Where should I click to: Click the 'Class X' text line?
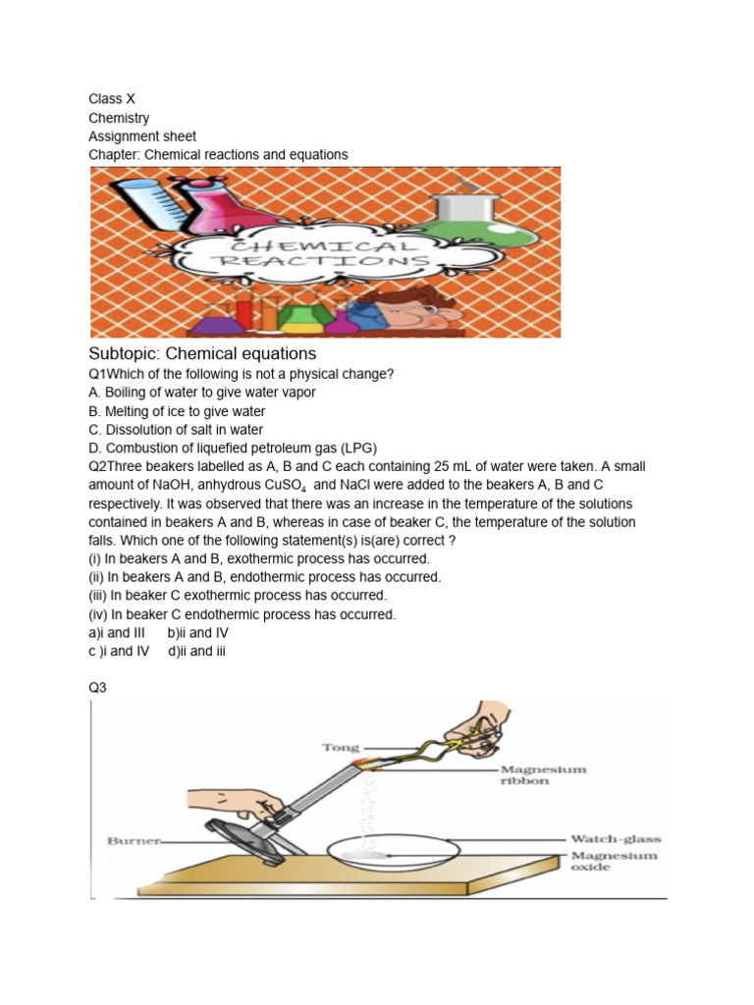pyautogui.click(x=106, y=99)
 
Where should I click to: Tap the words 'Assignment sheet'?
pyautogui.click(x=142, y=136)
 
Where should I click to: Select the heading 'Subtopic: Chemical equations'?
pyautogui.click(x=202, y=353)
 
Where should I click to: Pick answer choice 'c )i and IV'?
pyautogui.click(x=119, y=651)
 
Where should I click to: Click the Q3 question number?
pyautogui.click(x=97, y=688)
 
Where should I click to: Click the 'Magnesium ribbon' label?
pyautogui.click(x=543, y=775)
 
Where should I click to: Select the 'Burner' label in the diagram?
pyautogui.click(x=129, y=841)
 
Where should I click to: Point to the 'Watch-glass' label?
pyautogui.click(x=616, y=839)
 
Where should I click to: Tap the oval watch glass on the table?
pyautogui.click(x=392, y=849)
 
